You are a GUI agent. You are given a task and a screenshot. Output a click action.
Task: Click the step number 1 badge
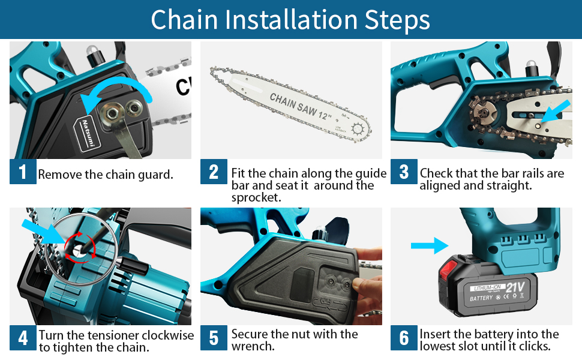click(x=23, y=172)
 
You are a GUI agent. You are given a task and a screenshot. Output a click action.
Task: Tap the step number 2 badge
click(x=214, y=172)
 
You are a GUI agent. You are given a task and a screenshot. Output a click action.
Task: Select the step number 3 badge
click(x=404, y=172)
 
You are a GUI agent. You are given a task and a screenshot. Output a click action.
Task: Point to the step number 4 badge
click(x=23, y=338)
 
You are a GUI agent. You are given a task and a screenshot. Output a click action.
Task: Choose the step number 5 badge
click(x=214, y=338)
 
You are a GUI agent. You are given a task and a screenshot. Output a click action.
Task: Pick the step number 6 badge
click(x=404, y=338)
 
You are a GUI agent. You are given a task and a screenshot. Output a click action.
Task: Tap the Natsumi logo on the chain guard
click(x=88, y=134)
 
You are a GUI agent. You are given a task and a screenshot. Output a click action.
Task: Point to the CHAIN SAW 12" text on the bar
click(x=301, y=107)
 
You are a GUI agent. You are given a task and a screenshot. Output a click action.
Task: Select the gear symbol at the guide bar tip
click(x=358, y=130)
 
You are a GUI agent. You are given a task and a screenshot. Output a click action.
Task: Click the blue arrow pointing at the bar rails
click(x=555, y=111)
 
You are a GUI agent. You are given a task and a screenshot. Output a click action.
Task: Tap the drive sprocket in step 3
click(x=484, y=113)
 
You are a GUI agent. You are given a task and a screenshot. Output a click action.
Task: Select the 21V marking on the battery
click(x=515, y=287)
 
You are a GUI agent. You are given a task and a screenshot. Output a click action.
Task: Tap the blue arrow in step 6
click(x=430, y=245)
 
